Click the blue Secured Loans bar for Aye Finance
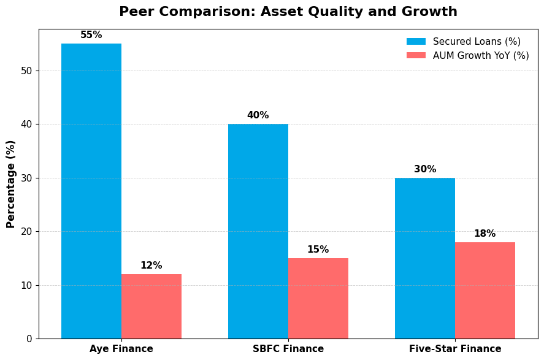(91, 191)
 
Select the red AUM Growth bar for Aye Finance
(151, 306)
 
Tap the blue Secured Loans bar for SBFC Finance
(258, 231)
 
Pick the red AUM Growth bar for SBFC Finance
(318, 298)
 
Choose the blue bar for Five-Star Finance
(425, 258)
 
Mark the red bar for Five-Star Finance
(485, 290)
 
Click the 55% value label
(91, 35)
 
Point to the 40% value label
(258, 115)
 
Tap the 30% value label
(425, 169)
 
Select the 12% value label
(151, 266)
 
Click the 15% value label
(318, 250)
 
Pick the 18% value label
(485, 234)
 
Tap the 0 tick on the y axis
(29, 339)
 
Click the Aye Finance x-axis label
(121, 349)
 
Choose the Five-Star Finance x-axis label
(455, 349)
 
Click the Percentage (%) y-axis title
(11, 184)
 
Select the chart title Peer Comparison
(288, 12)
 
